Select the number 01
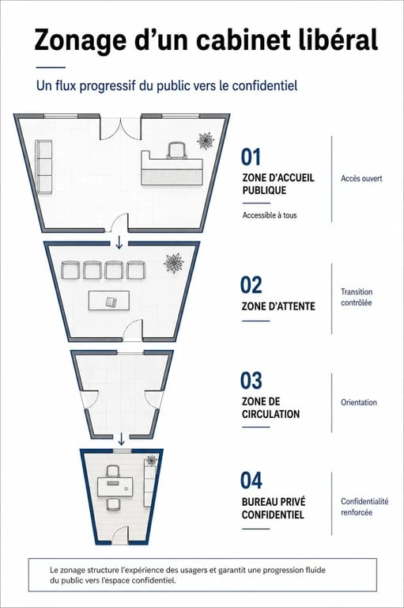pos(251,157)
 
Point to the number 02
pos(251,285)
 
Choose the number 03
pos(251,380)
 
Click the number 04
pos(251,480)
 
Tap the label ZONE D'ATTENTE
pos(278,306)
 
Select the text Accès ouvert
pos(361,178)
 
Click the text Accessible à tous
pos(270,215)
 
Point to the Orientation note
pos(359,402)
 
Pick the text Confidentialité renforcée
pos(364,507)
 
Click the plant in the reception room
pos(206,140)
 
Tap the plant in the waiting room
pos(173,264)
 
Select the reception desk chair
pos(177,150)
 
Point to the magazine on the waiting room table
pos(111,302)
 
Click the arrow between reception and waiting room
pos(119,242)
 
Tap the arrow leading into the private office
pos(121,439)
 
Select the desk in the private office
pos(115,487)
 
